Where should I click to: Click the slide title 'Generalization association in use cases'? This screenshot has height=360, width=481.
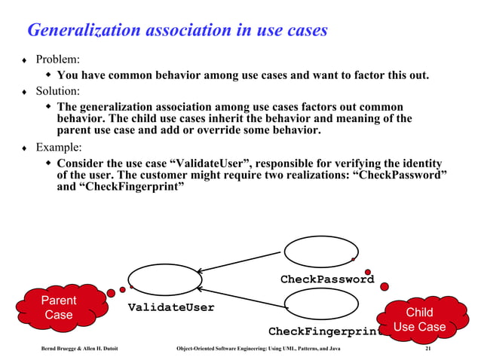click(177, 30)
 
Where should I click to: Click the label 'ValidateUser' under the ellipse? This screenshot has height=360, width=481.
click(171, 307)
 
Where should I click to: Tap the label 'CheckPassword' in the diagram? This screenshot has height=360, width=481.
click(327, 279)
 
